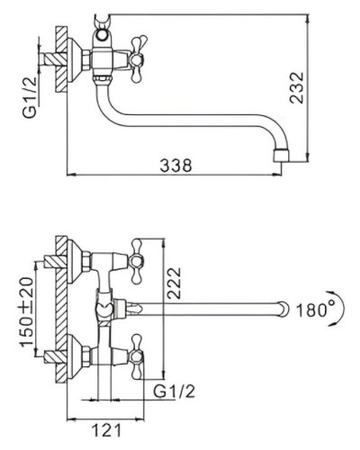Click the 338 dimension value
175,166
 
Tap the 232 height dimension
297,87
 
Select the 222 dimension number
174,283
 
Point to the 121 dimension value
107,430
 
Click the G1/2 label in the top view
30,97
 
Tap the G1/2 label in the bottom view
174,391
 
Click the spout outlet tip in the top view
282,155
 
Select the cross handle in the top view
137,59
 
